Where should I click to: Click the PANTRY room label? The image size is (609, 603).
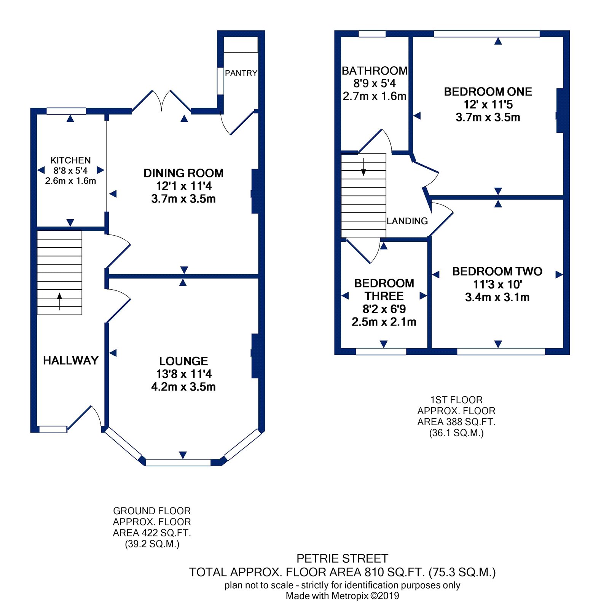point(241,73)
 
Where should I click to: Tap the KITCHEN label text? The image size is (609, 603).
point(70,160)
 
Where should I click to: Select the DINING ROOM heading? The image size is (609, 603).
point(183,173)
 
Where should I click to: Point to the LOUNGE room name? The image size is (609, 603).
point(183,361)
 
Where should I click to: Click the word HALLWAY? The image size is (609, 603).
point(70,361)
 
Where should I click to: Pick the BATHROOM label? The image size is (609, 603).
point(375,71)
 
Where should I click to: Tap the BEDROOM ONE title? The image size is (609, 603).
point(488,92)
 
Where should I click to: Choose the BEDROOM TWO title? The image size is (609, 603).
point(497,271)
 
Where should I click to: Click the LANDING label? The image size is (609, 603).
point(407,221)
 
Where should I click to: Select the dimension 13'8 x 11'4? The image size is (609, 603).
point(183,374)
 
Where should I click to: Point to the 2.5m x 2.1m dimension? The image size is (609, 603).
point(384,322)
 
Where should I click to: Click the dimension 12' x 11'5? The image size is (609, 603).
point(488,104)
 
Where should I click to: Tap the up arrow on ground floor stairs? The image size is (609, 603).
point(59,301)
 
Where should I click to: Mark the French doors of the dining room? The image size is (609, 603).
point(161,101)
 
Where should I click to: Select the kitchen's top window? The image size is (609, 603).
point(66,111)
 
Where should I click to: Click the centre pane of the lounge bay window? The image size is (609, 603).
point(178,463)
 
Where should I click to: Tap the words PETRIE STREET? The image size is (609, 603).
point(342,558)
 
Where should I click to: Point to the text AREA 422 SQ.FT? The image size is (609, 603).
point(152,533)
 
